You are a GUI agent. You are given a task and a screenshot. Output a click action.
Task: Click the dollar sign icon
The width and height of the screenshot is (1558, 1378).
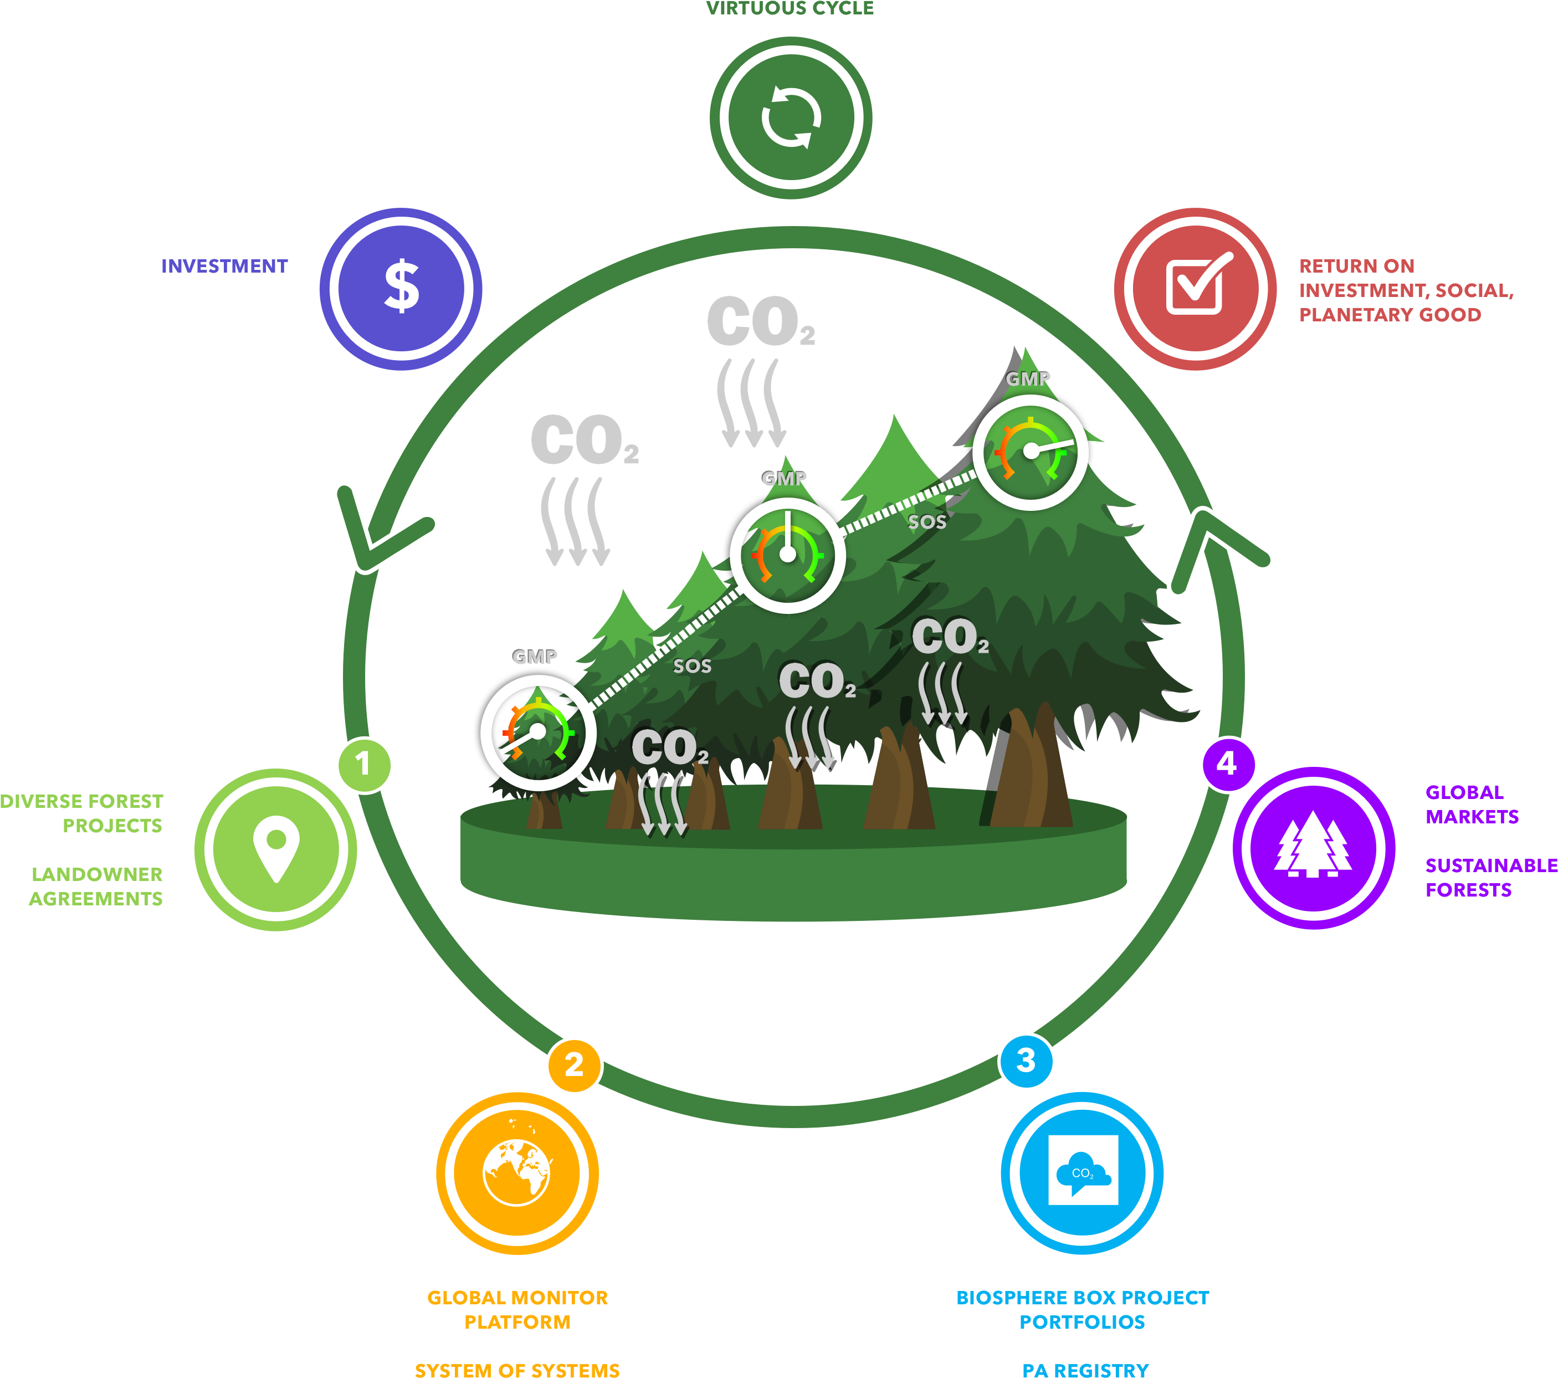click(x=401, y=288)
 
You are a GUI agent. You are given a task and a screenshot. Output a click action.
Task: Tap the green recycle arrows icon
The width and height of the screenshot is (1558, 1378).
click(x=791, y=118)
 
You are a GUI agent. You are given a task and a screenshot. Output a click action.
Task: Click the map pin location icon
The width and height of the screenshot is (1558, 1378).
click(x=276, y=848)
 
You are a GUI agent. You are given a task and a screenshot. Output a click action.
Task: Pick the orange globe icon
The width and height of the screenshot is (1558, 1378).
click(x=517, y=1172)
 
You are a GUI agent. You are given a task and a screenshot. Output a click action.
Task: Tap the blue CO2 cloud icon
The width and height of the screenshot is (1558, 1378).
click(x=1083, y=1171)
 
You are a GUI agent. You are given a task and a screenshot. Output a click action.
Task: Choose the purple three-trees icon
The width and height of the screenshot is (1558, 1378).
click(x=1313, y=847)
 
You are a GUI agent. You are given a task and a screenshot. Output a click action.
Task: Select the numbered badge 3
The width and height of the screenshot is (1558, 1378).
click(x=1026, y=1060)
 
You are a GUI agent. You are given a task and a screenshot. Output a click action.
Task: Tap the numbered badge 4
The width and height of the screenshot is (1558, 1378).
click(x=1227, y=764)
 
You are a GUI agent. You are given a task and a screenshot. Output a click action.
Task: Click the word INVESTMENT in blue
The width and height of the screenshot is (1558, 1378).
click(x=224, y=266)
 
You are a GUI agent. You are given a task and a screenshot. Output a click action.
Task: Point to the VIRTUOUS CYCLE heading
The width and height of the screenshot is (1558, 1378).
click(x=790, y=8)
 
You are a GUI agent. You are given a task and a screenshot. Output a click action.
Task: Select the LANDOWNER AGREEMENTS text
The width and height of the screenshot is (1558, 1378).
click(x=96, y=887)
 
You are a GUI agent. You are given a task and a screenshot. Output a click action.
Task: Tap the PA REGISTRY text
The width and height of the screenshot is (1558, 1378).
click(x=1085, y=1369)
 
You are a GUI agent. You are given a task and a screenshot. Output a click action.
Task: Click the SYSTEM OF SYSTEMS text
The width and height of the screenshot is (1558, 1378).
click(x=517, y=1369)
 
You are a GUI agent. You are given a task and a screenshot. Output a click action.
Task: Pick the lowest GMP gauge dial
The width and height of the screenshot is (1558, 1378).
click(x=538, y=732)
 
